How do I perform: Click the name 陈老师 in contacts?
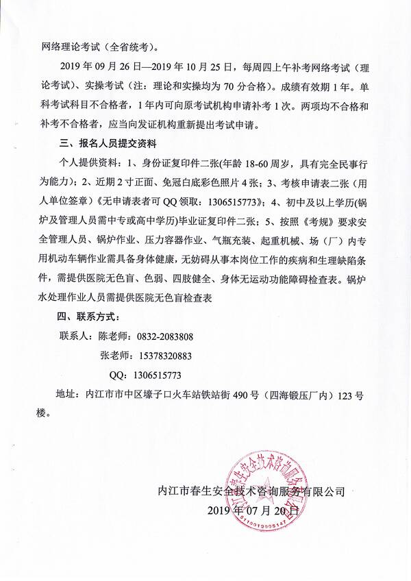114,337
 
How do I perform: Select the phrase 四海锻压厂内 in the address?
302,395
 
